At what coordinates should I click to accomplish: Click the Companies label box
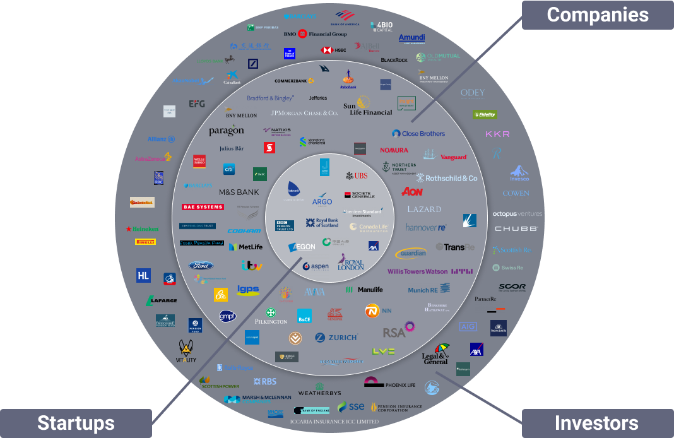[597, 15]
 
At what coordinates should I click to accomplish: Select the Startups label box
[76, 423]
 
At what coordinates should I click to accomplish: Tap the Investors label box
[597, 423]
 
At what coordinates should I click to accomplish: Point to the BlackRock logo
[394, 60]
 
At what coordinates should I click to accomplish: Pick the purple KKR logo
[497, 134]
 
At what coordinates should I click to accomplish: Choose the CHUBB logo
[516, 228]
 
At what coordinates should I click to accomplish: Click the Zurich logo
[336, 338]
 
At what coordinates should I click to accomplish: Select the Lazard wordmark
[424, 209]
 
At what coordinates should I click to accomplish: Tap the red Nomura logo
[394, 150]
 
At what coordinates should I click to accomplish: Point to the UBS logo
[357, 175]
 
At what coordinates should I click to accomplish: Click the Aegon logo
[302, 247]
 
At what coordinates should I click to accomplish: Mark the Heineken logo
[142, 228]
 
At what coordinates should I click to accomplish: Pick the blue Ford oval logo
[201, 266]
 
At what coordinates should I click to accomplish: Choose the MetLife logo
[245, 247]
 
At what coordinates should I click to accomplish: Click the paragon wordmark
[226, 131]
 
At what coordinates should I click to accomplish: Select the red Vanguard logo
[453, 157]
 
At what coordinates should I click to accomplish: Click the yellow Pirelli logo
[145, 242]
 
